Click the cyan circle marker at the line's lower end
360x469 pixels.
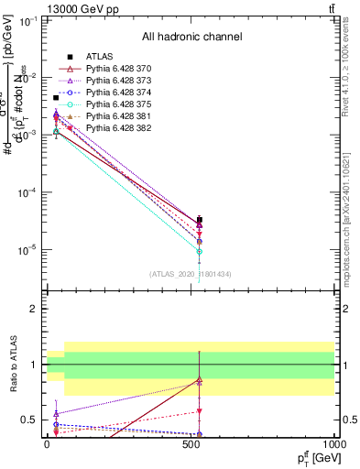[200, 251]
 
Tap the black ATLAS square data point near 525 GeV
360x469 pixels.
[200, 220]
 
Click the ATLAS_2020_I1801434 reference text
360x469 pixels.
[191, 273]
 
